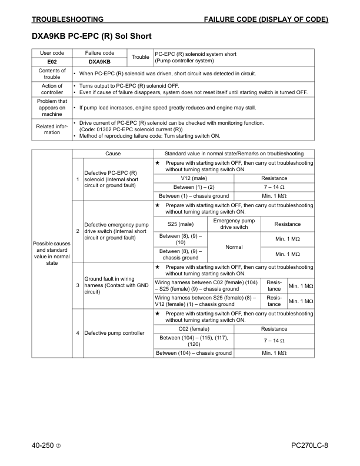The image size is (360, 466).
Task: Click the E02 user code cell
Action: (x=52, y=61)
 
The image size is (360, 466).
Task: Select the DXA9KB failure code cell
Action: (x=99, y=61)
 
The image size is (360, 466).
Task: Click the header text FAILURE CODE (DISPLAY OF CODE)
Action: (x=266, y=19)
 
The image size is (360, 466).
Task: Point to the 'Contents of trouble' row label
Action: (x=52, y=74)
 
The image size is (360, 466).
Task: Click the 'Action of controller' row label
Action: (x=52, y=89)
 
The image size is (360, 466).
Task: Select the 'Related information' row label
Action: (x=52, y=129)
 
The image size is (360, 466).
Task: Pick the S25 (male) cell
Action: (x=181, y=224)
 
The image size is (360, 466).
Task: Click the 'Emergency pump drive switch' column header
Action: (x=234, y=224)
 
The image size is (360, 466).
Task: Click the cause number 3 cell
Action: (x=78, y=285)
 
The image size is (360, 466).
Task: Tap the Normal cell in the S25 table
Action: (x=234, y=247)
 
